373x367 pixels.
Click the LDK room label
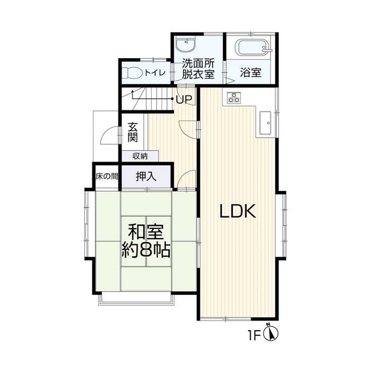pyautogui.click(x=238, y=211)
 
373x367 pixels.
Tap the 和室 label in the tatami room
pyautogui.click(x=146, y=232)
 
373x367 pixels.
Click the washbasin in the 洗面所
pyautogui.click(x=186, y=45)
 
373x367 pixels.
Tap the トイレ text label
pyautogui.click(x=155, y=72)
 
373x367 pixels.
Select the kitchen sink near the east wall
pyautogui.click(x=265, y=123)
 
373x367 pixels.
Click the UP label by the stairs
pyautogui.click(x=184, y=99)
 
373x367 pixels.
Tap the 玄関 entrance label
pyautogui.click(x=132, y=132)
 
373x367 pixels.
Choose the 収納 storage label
pyautogui.click(x=140, y=156)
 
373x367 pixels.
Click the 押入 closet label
pyautogui.click(x=146, y=176)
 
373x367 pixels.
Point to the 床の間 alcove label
pyautogui.click(x=107, y=176)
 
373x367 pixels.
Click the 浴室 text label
pyautogui.click(x=251, y=72)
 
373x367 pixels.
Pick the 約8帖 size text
pyautogui.click(x=146, y=250)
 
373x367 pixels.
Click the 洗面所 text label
pyautogui.click(x=199, y=63)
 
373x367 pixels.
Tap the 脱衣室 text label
pyautogui.click(x=199, y=74)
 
